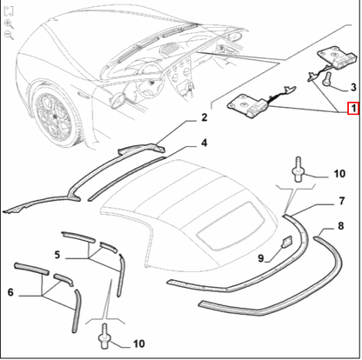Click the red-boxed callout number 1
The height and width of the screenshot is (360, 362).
(353, 109)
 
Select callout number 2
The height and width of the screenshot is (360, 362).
(204, 117)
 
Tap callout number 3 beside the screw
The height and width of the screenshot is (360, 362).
(353, 87)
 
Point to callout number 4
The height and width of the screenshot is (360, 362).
(204, 143)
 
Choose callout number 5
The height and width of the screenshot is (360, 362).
(57, 255)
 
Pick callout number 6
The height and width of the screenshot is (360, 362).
(10, 292)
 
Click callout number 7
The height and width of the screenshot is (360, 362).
(342, 201)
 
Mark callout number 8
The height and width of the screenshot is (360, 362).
(341, 226)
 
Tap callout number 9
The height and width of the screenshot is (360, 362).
(261, 257)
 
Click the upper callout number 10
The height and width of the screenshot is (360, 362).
(339, 174)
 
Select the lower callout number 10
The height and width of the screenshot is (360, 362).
(139, 343)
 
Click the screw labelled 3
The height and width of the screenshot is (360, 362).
(325, 79)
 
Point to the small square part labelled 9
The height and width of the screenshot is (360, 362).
(286, 242)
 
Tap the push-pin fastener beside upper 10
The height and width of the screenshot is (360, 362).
(298, 170)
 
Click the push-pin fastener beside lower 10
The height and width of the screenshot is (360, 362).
(104, 337)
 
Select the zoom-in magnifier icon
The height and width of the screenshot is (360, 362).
(10, 24)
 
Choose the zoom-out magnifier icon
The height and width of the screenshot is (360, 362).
(10, 36)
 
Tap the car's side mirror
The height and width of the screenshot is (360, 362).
(117, 99)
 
